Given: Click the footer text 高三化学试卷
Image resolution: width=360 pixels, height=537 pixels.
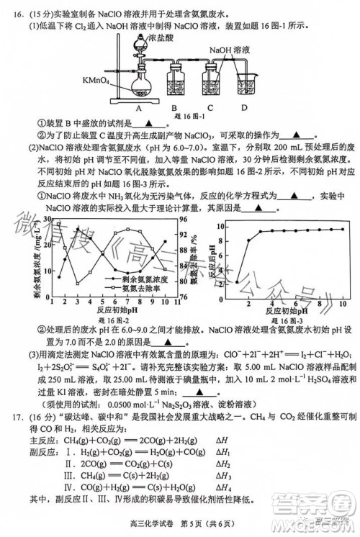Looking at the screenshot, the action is click(x=144, y=531).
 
